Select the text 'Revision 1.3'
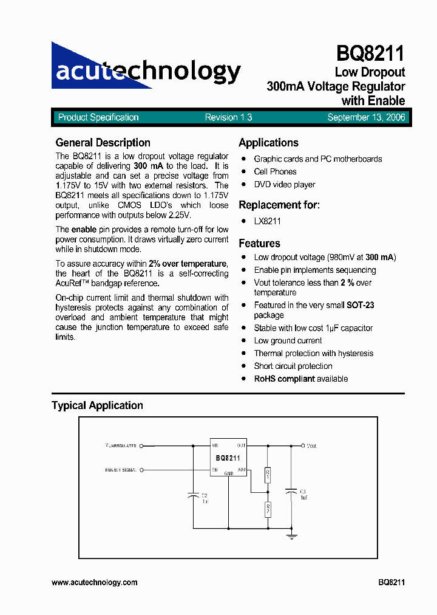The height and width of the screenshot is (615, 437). click(228, 118)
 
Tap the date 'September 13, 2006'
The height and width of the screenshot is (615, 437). click(366, 118)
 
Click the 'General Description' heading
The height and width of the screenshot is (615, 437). click(103, 143)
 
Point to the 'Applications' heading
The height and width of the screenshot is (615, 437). click(268, 143)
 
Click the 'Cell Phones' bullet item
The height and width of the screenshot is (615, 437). click(275, 172)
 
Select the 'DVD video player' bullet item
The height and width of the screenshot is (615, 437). click(284, 185)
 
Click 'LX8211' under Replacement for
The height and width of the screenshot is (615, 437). click(267, 221)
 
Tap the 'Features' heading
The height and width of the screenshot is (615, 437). click(259, 244)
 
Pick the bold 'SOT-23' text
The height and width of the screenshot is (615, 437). click(360, 305)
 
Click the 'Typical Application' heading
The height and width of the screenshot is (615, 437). click(97, 405)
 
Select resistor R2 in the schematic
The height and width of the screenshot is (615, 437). click(268, 509)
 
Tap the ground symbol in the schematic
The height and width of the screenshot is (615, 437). click(292, 535)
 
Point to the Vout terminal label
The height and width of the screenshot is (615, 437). click(311, 446)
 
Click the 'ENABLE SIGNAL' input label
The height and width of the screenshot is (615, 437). click(120, 470)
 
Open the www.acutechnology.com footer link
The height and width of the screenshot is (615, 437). click(94, 582)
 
